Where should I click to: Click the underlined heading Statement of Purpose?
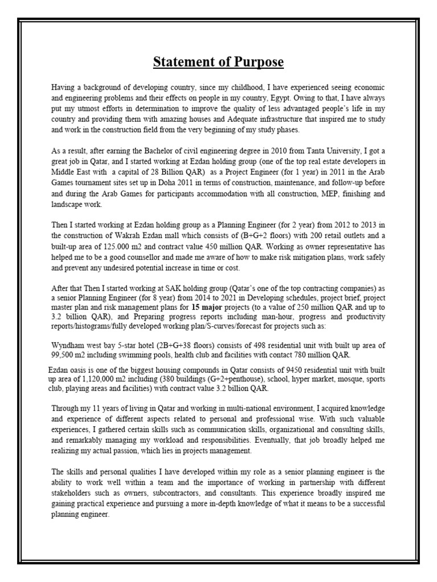(218, 61)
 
